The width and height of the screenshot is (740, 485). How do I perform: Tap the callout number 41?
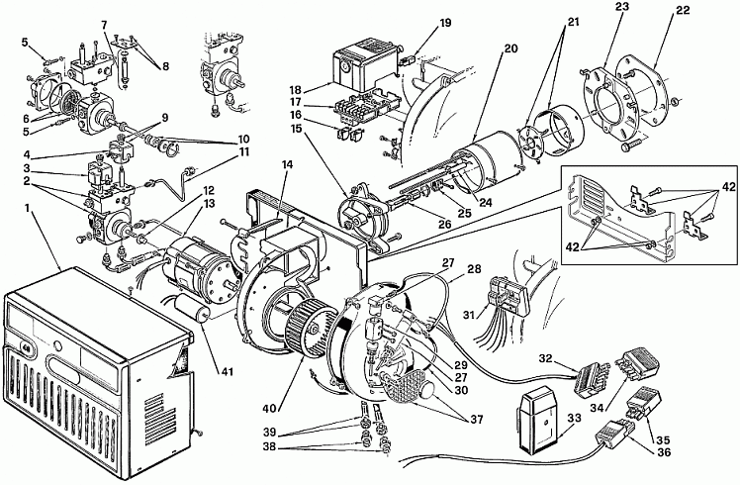pyautogui.click(x=227, y=371)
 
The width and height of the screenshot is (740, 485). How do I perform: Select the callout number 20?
pyautogui.click(x=510, y=48)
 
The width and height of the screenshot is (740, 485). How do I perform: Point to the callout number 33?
pyautogui.click(x=575, y=419)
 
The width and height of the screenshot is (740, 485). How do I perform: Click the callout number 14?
pyautogui.click(x=288, y=165)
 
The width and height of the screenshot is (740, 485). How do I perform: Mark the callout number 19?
pyautogui.click(x=445, y=23)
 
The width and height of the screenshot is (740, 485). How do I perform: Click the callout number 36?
pyautogui.click(x=663, y=452)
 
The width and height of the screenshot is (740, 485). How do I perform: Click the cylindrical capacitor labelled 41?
pyautogui.click(x=193, y=310)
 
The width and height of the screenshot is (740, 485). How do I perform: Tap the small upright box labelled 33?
pyautogui.click(x=539, y=420)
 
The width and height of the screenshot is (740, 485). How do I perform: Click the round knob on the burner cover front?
pyautogui.click(x=57, y=345)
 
